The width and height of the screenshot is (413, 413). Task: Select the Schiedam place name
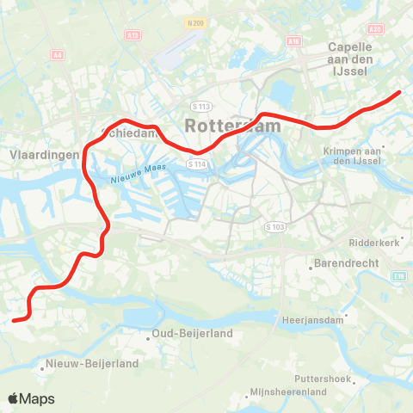click(x=130, y=133)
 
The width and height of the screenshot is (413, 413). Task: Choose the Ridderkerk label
click(x=375, y=243)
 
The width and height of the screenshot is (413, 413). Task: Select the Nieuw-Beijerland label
click(x=93, y=364)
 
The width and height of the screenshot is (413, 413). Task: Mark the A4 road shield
click(x=59, y=54)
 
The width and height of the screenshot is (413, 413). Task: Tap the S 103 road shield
click(x=274, y=226)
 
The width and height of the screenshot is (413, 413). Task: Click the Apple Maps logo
click(x=31, y=398)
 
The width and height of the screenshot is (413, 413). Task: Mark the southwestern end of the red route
click(x=15, y=320)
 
